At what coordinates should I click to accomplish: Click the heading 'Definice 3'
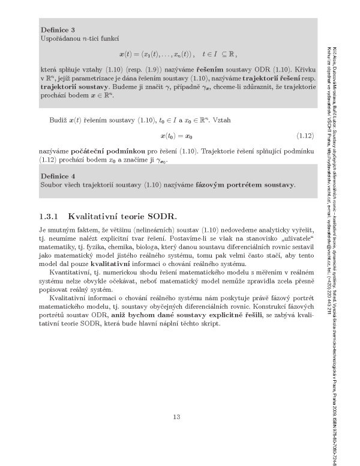(x=58, y=29)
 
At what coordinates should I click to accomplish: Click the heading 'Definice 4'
(x=58, y=176)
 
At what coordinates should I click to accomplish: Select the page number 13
(x=176, y=417)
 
